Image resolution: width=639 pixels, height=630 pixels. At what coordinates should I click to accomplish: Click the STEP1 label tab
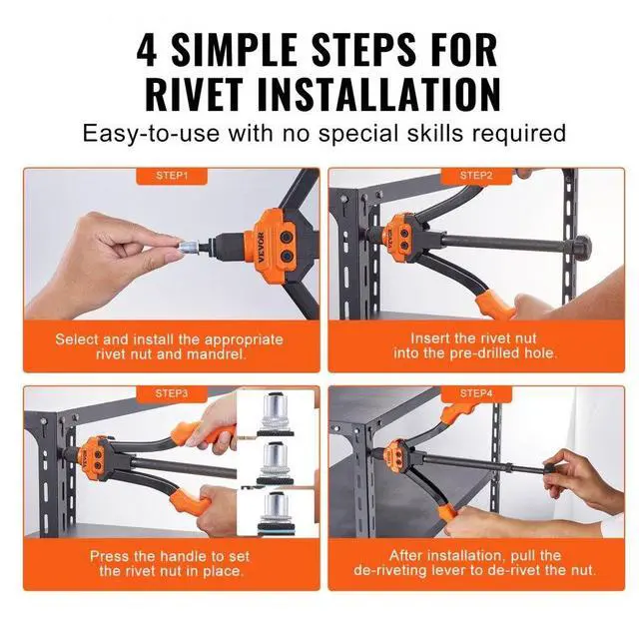pos(172,176)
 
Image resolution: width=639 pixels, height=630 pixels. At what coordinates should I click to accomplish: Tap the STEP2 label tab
pos(476,176)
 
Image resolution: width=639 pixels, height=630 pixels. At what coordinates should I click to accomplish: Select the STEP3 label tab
pos(172,393)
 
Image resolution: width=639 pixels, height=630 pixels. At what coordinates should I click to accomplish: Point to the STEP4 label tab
pos(476,393)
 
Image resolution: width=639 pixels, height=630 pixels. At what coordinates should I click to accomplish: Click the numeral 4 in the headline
pos(151,46)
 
